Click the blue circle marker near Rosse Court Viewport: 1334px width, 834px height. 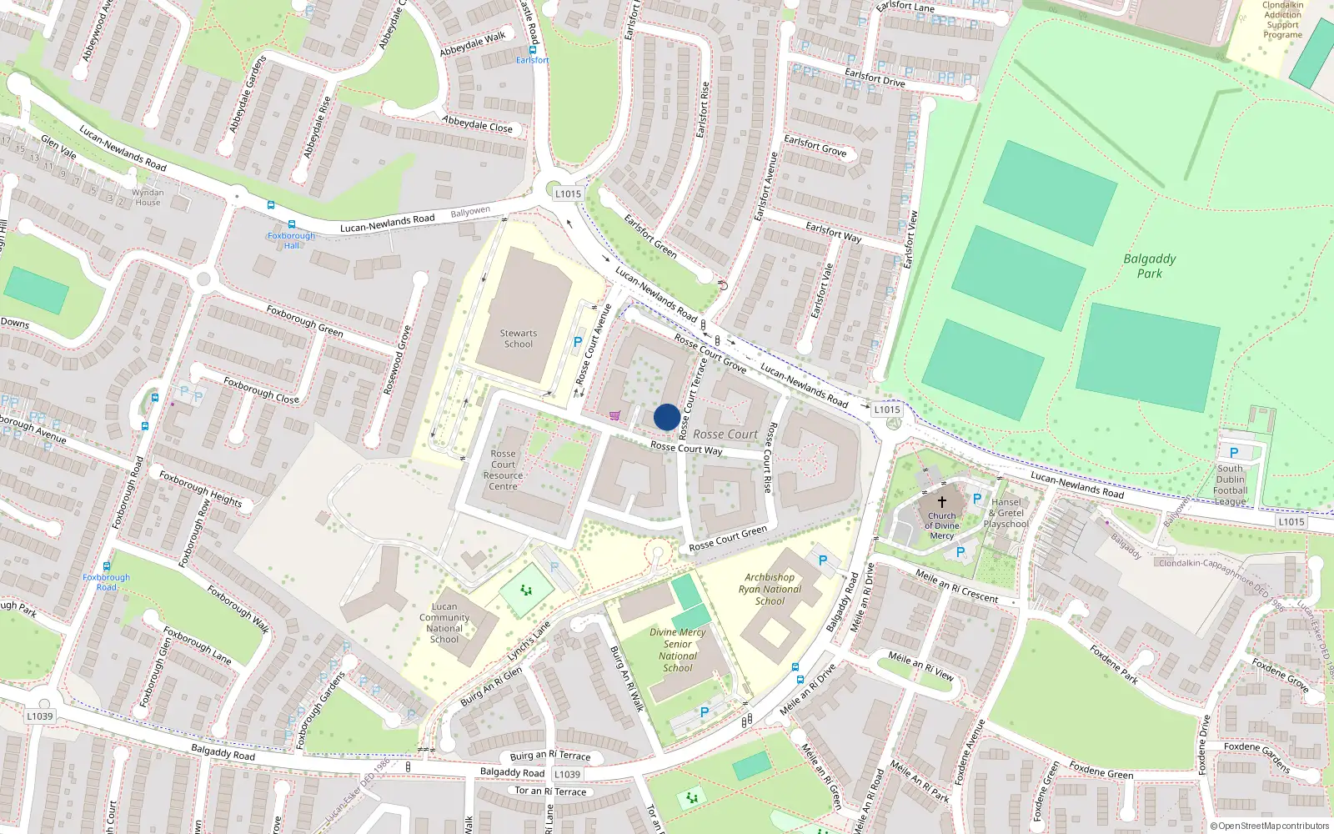click(666, 417)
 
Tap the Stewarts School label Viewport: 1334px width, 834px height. click(518, 339)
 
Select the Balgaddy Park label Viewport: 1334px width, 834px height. click(1149, 266)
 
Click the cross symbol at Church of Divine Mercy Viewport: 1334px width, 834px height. click(942, 502)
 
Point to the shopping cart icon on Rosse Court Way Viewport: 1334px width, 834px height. click(614, 415)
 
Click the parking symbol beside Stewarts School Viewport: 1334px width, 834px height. click(578, 342)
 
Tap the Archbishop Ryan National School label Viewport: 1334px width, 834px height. click(770, 589)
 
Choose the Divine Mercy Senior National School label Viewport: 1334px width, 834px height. click(678, 650)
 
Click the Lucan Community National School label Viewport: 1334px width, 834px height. click(444, 623)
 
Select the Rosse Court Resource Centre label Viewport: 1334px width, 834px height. click(503, 470)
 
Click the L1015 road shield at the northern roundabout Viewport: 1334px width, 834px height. click(568, 193)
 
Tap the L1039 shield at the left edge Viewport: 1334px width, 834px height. click(39, 716)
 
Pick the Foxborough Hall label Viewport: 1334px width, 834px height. click(291, 240)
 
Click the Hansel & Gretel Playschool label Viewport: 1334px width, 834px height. click(1006, 513)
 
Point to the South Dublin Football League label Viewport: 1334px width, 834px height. click(1230, 485)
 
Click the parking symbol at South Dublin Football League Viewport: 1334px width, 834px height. click(1234, 453)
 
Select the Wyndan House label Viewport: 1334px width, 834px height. click(148, 198)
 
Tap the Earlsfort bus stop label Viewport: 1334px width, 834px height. click(532, 60)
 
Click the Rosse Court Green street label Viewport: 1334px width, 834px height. click(728, 538)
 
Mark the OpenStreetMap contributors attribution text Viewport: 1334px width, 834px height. click(1269, 826)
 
